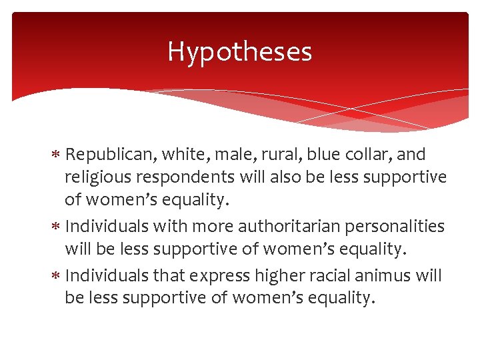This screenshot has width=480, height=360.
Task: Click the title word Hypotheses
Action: (239, 51)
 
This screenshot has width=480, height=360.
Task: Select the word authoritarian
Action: (273, 227)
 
